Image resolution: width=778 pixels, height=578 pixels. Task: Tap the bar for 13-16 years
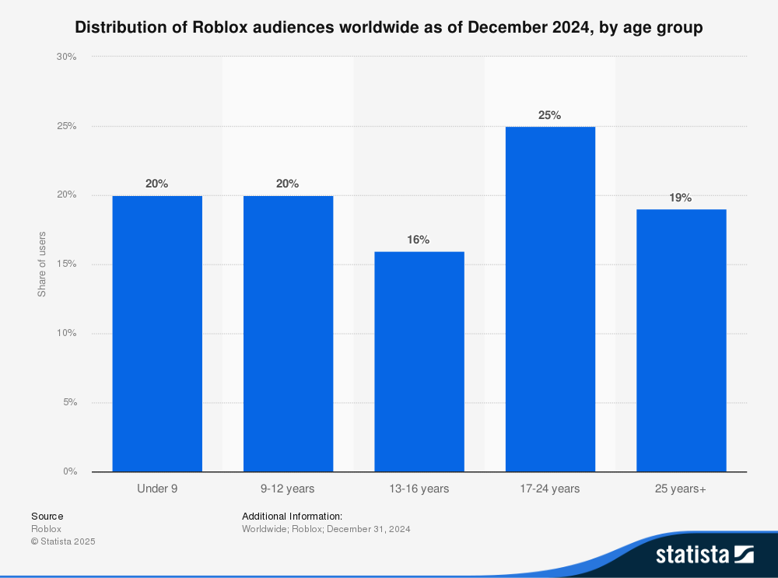tap(419, 361)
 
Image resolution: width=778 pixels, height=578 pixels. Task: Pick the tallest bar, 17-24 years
tap(550, 299)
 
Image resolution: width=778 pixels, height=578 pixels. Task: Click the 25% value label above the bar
tap(549, 115)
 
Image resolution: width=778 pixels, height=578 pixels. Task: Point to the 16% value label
tap(419, 240)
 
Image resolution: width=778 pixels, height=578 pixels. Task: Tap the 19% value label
tap(681, 198)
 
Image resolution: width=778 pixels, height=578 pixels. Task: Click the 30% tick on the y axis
tap(66, 57)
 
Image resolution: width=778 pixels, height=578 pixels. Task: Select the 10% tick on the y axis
tap(66, 333)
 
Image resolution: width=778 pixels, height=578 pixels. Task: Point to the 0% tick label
tap(68, 471)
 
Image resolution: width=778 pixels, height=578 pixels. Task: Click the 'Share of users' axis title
tap(42, 264)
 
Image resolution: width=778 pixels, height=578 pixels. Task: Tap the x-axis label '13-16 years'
tap(419, 489)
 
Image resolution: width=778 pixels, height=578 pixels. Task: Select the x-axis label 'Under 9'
tap(157, 489)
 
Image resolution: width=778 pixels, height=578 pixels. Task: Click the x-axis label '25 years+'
tap(681, 489)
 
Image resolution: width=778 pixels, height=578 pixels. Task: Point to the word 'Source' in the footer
tap(47, 516)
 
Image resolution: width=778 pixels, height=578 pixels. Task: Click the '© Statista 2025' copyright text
tap(63, 541)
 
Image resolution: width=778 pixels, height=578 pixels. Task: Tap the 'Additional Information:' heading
tap(292, 516)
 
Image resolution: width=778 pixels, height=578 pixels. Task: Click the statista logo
tap(704, 555)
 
